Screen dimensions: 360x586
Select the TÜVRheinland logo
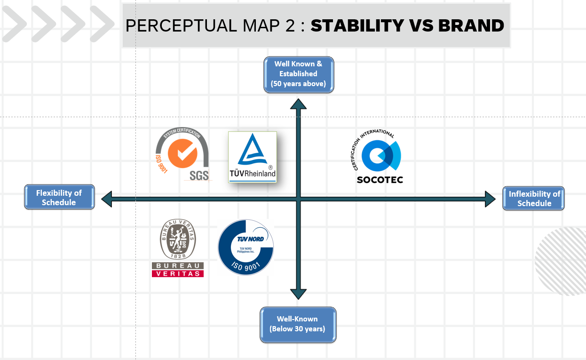[x=252, y=157]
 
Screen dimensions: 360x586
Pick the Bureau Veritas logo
[x=178, y=248]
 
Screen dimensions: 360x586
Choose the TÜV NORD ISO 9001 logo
[x=245, y=247]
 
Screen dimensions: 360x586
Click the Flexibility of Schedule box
[x=59, y=198]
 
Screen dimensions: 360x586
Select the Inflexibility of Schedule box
[x=534, y=199]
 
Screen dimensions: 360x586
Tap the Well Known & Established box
[x=298, y=74]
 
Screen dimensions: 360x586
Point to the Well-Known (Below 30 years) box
[x=298, y=324]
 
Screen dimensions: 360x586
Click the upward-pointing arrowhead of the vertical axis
[x=298, y=104]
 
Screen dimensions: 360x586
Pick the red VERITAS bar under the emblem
[x=178, y=273]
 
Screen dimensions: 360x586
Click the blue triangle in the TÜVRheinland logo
[x=252, y=150]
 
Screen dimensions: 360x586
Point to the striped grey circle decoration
[x=561, y=261]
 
